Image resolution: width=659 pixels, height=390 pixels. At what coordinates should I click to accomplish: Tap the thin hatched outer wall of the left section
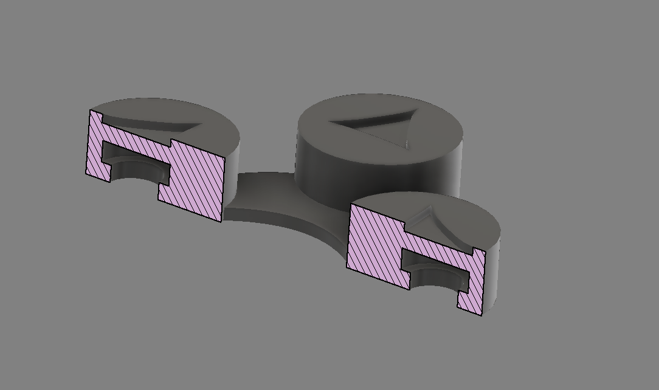point(95,146)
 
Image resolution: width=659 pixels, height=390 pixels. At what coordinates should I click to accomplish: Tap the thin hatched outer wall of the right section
point(471,286)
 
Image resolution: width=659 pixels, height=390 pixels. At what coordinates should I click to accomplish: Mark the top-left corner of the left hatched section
point(91,111)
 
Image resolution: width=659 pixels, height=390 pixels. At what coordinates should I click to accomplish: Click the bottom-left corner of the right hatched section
point(347,268)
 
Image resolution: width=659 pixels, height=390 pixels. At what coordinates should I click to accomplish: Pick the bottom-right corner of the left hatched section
point(219,221)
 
